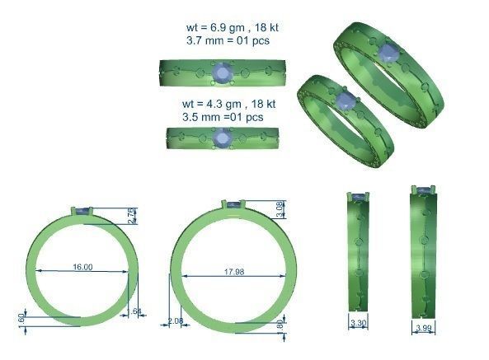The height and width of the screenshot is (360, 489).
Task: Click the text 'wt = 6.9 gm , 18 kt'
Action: pos(233,27)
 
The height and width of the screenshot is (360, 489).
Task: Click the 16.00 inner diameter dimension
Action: pos(82,268)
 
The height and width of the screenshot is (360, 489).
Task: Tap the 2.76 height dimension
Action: pos(132,216)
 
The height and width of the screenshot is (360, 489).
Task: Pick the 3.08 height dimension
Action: pos(280,210)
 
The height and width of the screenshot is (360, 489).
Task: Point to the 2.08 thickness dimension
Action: pos(175,320)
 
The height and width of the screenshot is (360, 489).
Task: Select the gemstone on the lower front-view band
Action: pos(221,138)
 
